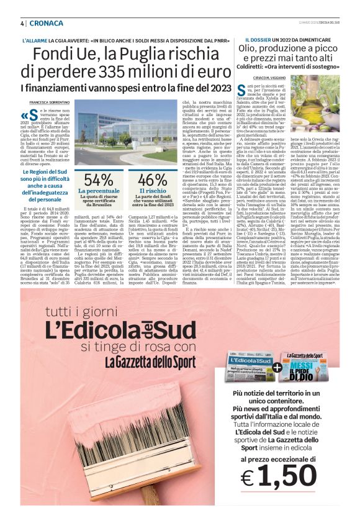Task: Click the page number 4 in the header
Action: (x=22, y=23)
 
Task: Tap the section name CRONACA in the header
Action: (x=47, y=23)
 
